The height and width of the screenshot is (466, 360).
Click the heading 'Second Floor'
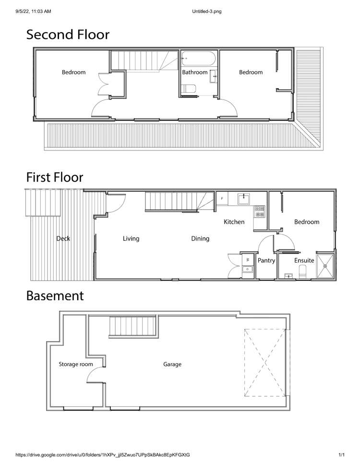pos(67,35)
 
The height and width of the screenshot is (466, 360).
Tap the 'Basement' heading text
pos(54,295)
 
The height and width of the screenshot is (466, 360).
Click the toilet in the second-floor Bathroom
pos(189,89)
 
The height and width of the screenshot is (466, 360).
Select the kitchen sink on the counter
pos(244,197)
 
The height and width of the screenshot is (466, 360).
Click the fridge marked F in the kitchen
pos(222,197)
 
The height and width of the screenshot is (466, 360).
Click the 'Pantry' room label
pos(266,261)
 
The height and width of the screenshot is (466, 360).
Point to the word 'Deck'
pos(63,238)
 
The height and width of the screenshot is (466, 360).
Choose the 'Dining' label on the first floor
pos(200,238)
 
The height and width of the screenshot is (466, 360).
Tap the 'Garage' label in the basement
pos(172,364)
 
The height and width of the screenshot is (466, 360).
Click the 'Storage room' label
pos(75,364)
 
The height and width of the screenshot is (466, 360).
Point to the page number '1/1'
pos(342,454)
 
